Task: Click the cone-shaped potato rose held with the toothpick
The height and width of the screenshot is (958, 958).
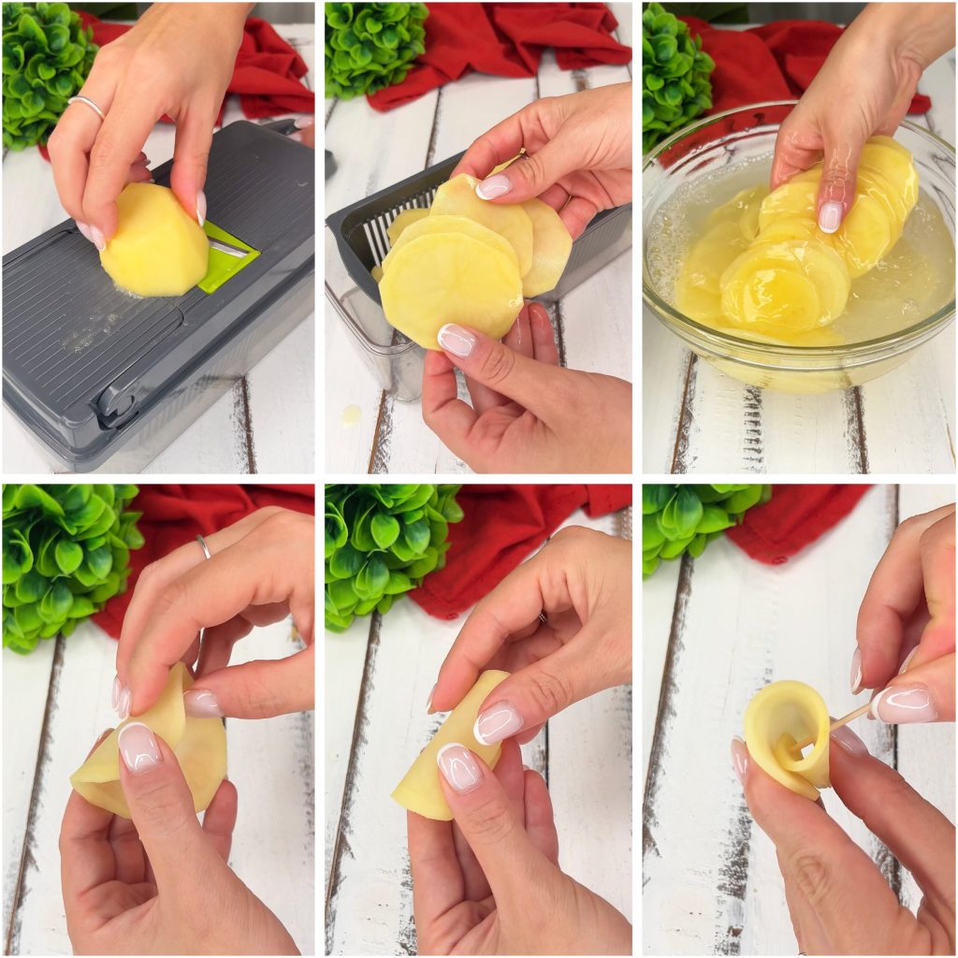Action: pyautogui.click(x=786, y=734)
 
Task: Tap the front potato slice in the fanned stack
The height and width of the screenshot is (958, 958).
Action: pyautogui.click(x=450, y=284)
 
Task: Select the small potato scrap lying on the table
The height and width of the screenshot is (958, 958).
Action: pyautogui.click(x=351, y=414)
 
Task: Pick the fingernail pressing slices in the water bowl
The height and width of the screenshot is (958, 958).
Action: pyautogui.click(x=830, y=216)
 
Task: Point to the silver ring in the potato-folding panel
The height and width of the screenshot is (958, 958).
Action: pyautogui.click(x=203, y=546)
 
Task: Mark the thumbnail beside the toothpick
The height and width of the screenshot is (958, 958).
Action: pyautogui.click(x=903, y=704)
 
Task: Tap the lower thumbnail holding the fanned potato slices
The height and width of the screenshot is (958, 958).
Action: pyautogui.click(x=457, y=339)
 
